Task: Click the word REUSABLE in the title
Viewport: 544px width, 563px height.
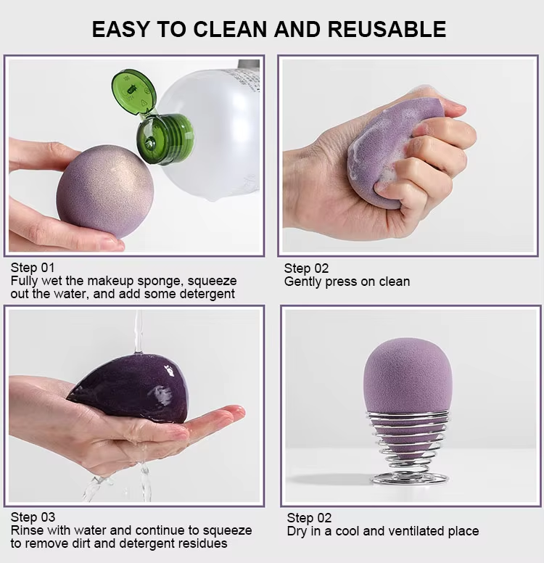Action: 387,29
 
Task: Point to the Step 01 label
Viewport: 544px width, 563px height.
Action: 33,267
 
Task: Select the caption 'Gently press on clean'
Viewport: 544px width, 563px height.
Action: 347,281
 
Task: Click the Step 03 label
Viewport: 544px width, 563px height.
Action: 33,517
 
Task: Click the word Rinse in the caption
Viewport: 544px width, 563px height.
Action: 27,530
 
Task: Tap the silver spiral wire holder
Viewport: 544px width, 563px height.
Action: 408,443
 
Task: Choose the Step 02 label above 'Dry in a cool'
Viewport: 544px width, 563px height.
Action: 309,518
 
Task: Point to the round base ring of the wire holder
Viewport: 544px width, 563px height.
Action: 408,477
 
